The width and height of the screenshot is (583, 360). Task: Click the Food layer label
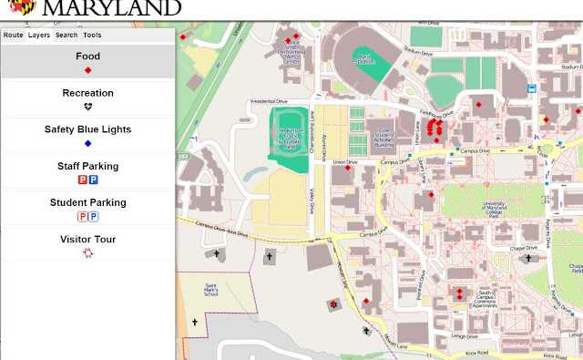[x=88, y=57]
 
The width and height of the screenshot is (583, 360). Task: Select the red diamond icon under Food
[x=88, y=70]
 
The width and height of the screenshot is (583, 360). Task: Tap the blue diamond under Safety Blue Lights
[x=88, y=144]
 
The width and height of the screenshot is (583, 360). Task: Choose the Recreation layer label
[x=88, y=93]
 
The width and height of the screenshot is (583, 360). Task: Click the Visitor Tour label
[x=88, y=240]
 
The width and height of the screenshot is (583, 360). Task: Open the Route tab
[x=13, y=35]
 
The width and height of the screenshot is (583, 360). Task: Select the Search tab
[x=66, y=35]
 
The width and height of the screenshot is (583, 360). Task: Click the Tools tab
[x=92, y=35]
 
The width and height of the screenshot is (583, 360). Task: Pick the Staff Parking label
[x=88, y=166]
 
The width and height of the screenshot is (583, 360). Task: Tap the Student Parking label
[x=88, y=202]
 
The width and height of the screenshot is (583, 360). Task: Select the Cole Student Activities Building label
[x=384, y=137]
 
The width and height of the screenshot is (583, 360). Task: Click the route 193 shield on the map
[x=183, y=157]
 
